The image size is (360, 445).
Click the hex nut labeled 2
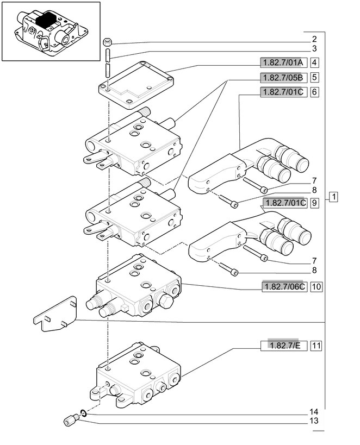(x=107, y=42)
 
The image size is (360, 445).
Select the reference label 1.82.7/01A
(x=283, y=62)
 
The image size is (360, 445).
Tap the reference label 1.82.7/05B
(x=283, y=77)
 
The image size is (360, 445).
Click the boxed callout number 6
(x=314, y=92)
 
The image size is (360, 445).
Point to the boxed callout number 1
(x=334, y=197)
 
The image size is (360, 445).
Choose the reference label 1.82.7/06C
(x=284, y=287)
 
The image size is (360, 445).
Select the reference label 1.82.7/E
(x=284, y=346)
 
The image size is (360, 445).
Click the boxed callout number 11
(x=316, y=346)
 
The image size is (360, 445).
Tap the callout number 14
(x=314, y=412)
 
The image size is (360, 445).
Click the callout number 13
(x=314, y=421)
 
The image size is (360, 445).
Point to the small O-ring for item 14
(x=83, y=412)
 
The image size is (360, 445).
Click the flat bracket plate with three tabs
(x=56, y=314)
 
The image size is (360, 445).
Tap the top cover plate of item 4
(x=136, y=85)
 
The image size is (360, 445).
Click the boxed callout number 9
(x=314, y=203)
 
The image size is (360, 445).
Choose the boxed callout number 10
(x=316, y=287)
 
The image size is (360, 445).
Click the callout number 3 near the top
(x=314, y=48)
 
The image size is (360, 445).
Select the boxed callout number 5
(x=314, y=77)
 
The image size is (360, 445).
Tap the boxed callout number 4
(x=314, y=62)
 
